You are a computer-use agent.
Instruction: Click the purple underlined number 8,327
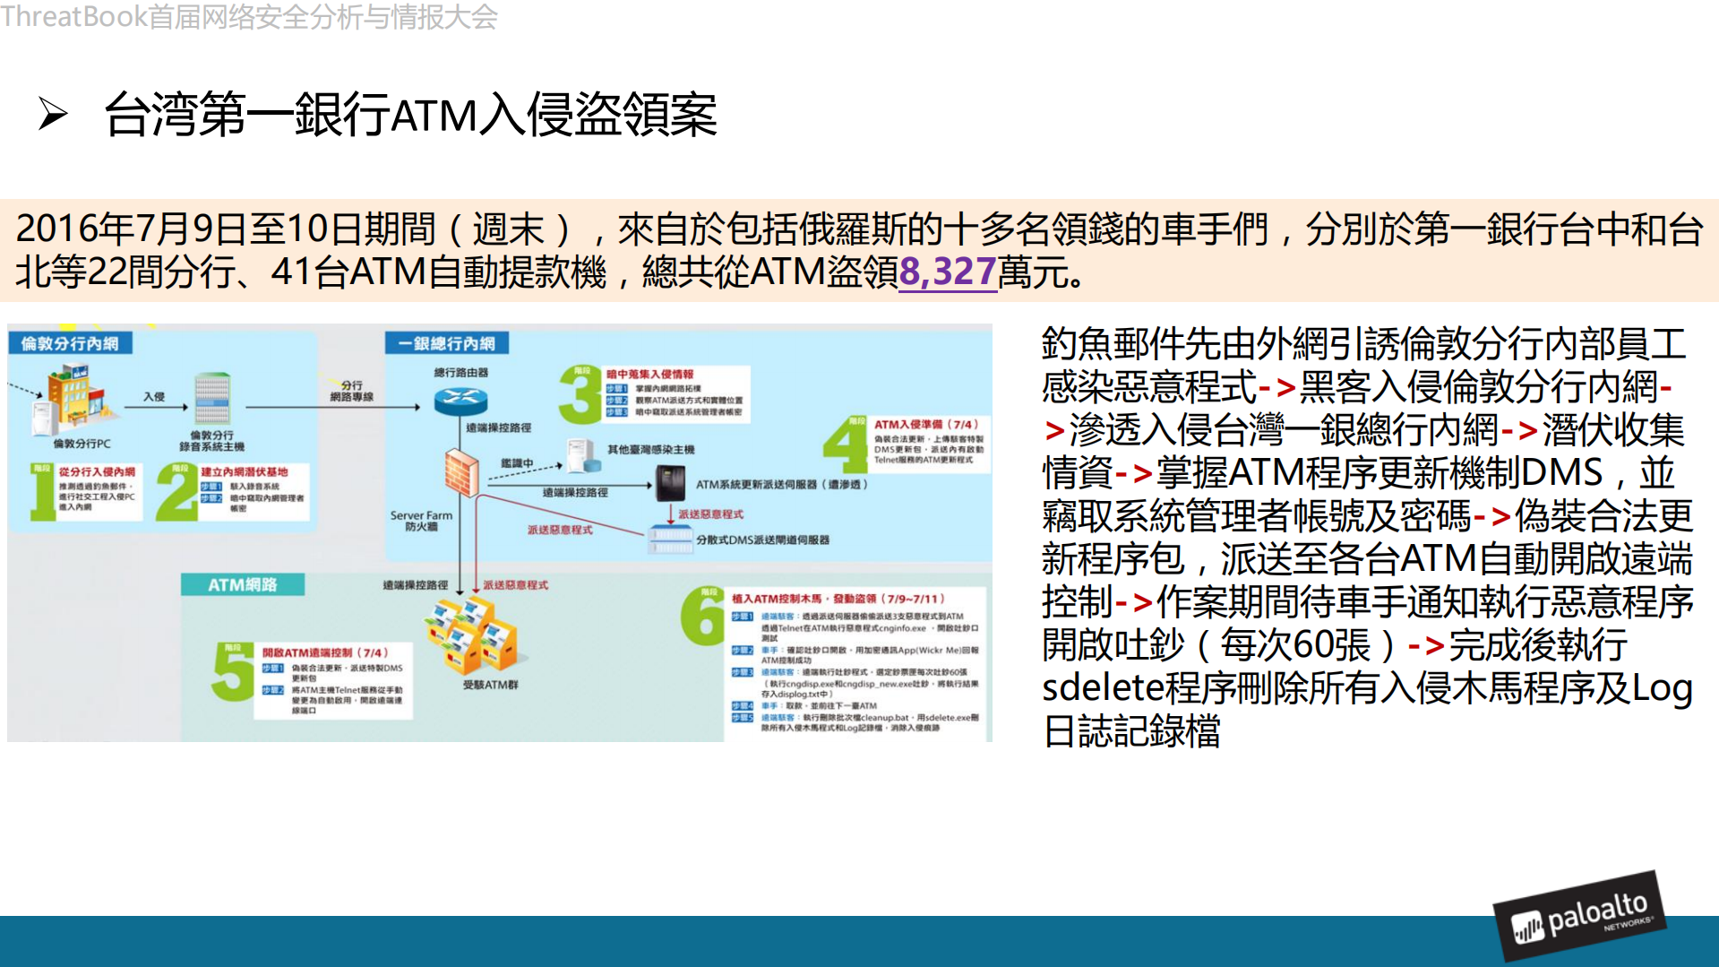point(947,272)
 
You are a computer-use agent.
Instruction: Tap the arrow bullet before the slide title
point(53,115)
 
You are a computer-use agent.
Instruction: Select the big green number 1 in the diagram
point(41,492)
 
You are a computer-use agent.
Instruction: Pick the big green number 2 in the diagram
point(176,492)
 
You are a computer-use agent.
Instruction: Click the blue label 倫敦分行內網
point(70,343)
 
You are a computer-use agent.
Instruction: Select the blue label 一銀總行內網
point(447,343)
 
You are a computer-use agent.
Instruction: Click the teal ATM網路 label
point(242,584)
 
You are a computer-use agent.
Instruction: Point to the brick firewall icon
point(462,472)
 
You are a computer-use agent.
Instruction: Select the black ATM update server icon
point(670,484)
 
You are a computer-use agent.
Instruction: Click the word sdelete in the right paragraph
point(1100,688)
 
